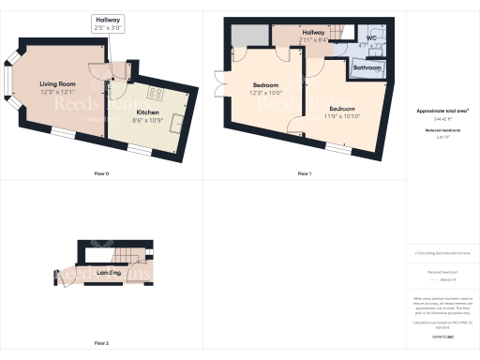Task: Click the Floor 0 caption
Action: coord(101,174)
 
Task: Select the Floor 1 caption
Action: coord(304,174)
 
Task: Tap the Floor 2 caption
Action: coord(101,343)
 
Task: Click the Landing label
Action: coord(109,272)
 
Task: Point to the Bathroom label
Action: coord(366,67)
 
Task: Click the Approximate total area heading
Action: coord(442,111)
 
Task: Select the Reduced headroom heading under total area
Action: coord(442,130)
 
